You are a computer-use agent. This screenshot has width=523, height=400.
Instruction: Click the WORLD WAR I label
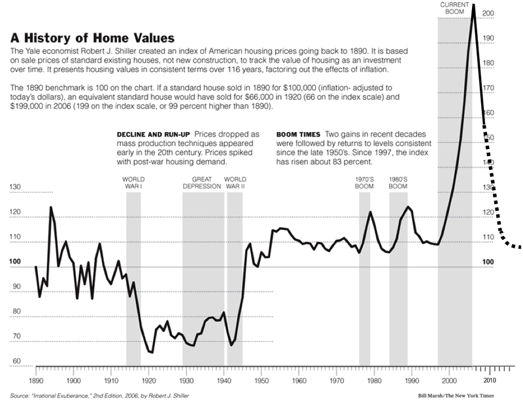(x=134, y=182)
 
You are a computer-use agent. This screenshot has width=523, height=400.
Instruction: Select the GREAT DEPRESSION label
(x=203, y=182)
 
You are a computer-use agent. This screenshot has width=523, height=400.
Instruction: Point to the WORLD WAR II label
(x=235, y=182)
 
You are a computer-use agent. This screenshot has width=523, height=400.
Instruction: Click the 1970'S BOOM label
(x=364, y=182)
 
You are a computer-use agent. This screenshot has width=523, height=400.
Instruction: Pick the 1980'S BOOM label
(x=398, y=182)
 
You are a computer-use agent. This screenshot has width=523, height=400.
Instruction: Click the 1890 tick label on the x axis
(x=36, y=379)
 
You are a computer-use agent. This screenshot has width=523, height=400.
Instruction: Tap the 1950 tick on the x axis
(x=261, y=379)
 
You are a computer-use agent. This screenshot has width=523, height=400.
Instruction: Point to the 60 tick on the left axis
(x=16, y=361)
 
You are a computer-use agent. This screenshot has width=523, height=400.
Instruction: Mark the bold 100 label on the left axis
(x=16, y=262)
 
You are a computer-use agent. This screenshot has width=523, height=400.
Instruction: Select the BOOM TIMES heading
(x=299, y=134)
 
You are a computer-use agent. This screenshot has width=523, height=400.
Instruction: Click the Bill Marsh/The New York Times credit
(x=458, y=396)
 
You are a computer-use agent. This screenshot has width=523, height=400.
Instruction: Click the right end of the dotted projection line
(x=519, y=248)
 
